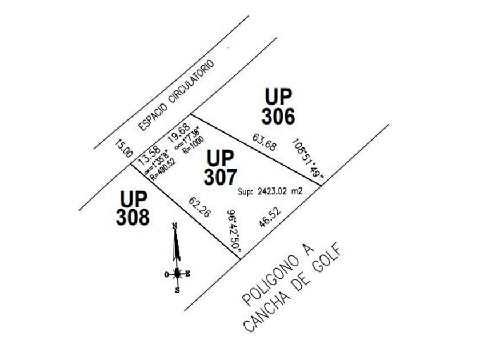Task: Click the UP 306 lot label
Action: (x=278, y=107)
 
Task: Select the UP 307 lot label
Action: (x=221, y=167)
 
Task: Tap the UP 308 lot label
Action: (x=134, y=208)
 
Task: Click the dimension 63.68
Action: (x=264, y=142)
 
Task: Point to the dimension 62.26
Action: (x=199, y=207)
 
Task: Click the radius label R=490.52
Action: (x=163, y=170)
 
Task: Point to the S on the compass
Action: (x=177, y=290)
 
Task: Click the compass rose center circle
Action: (x=178, y=274)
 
